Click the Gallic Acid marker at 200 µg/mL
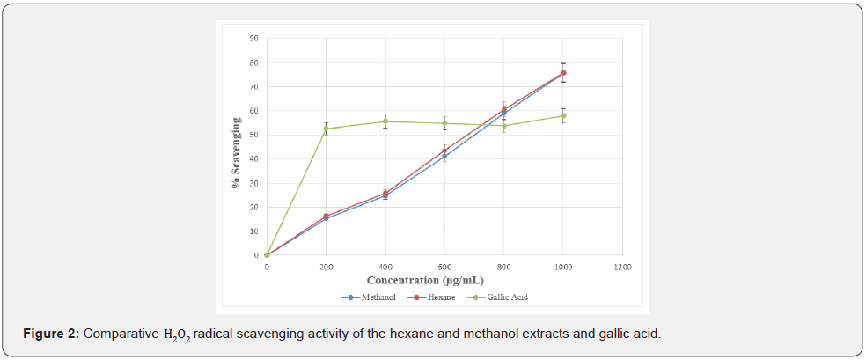pos(326,129)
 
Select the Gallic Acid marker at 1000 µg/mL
pos(563,115)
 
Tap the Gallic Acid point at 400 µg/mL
pos(385,121)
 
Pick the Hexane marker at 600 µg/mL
pos(444,151)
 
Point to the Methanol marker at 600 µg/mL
pos(444,156)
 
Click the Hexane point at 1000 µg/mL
pos(563,73)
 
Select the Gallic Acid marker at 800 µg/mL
pos(503,126)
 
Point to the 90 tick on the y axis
pos(253,39)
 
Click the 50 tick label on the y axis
pos(253,135)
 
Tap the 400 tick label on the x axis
pos(385,266)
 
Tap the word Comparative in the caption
pos(121,334)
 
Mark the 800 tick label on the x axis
pos(503,266)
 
